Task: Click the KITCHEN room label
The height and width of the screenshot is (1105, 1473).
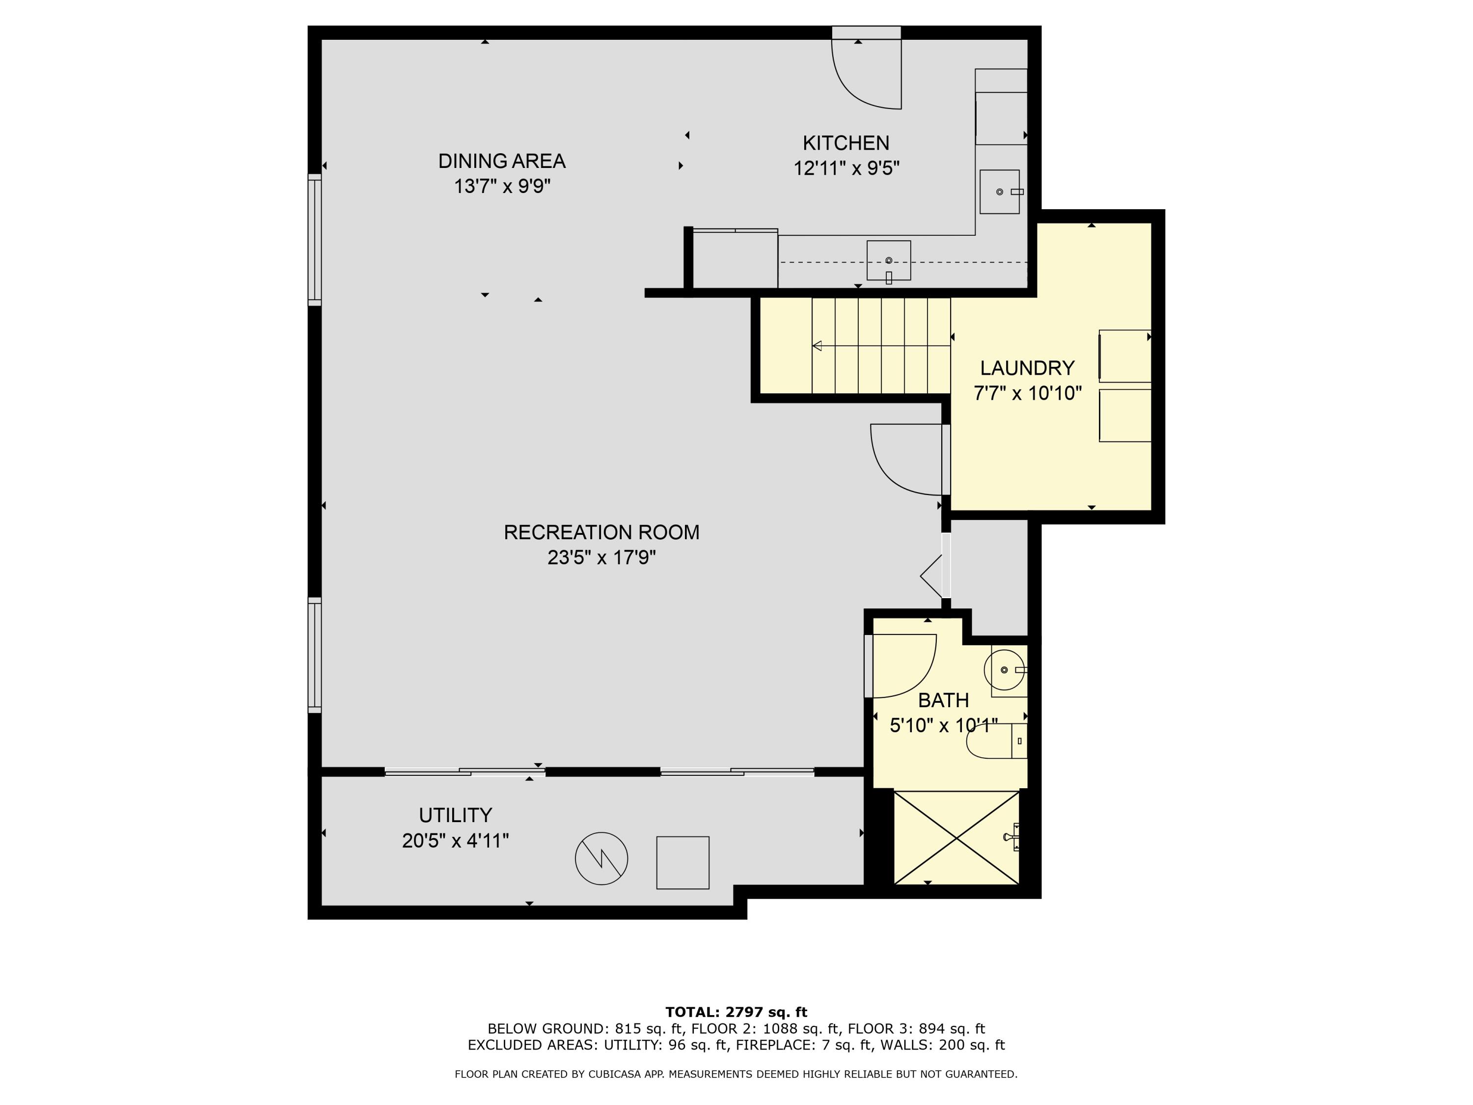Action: coord(845,143)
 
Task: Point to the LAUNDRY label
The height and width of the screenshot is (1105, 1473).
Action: coord(1027,368)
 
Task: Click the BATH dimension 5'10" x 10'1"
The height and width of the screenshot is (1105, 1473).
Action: coord(943,725)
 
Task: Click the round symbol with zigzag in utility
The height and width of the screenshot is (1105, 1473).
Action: coord(601,858)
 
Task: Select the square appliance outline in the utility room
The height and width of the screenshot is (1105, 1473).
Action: coord(682,862)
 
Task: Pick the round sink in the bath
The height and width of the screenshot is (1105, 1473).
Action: coord(1004,670)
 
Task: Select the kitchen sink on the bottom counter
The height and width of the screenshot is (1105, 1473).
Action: coord(888,260)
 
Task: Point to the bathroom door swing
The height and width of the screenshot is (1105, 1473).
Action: coord(902,666)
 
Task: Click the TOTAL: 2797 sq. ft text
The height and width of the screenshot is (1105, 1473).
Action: coord(736,1012)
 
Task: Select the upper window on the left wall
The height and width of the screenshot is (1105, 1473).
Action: coord(314,239)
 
